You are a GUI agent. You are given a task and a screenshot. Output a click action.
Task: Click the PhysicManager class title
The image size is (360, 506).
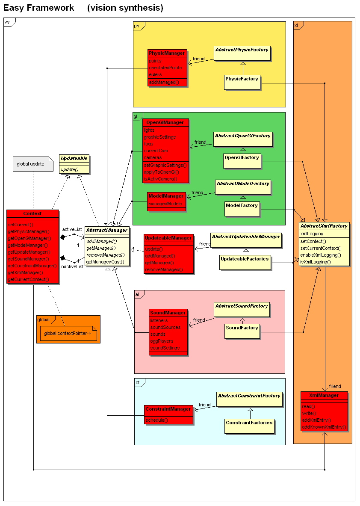pos(168,53)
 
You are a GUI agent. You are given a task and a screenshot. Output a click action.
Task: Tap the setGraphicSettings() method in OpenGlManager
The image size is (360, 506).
pos(165,165)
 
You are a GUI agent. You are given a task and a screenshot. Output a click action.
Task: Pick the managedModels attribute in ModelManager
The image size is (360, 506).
pos(165,204)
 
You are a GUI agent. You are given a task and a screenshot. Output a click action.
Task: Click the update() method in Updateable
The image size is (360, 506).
pos(70,169)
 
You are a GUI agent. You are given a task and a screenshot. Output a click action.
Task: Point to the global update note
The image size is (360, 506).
pos(30,164)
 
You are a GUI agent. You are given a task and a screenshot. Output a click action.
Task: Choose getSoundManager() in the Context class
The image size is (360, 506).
pos(29,259)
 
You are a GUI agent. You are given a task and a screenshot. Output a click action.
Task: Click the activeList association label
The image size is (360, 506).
pos(72,229)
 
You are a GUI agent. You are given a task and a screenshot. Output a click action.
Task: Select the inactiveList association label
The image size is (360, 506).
pos(72,266)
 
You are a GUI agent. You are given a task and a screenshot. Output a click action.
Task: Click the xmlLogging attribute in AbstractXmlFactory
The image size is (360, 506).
pos(312,234)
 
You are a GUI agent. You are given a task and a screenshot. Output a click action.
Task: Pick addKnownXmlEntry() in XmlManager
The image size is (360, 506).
pos(324,427)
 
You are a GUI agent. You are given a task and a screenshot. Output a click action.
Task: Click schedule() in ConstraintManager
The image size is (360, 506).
pos(156,420)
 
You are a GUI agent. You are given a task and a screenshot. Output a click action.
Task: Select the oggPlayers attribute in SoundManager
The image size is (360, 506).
pos(162,341)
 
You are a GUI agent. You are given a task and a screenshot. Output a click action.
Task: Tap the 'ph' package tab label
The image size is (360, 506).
pos(137,26)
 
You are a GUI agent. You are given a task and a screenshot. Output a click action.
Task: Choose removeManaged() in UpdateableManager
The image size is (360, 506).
pos(164,269)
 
